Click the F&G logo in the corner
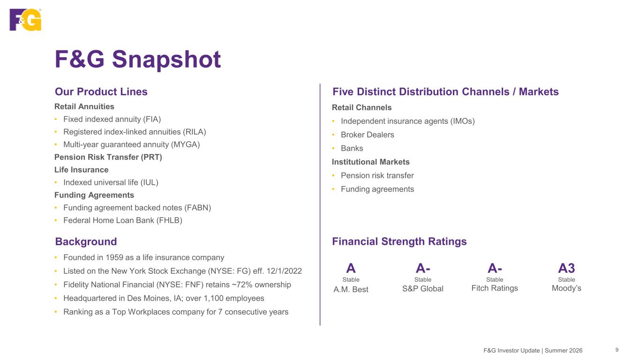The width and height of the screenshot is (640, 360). pos(25,20)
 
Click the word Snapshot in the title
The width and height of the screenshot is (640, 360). pos(166,60)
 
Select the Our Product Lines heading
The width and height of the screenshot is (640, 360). pos(101,92)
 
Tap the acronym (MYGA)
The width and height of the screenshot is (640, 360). pos(185,144)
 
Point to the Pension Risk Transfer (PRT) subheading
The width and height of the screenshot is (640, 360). pos(108,157)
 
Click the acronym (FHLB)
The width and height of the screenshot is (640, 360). pos(169,221)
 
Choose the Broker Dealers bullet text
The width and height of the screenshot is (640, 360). pos(368,135)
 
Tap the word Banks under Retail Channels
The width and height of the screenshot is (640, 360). pos(352,148)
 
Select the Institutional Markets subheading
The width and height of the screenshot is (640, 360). pos(370,162)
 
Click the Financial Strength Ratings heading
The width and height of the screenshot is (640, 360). pos(399,241)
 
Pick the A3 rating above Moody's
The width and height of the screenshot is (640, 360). pos(566,268)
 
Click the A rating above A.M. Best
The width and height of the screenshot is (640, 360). pos(351,268)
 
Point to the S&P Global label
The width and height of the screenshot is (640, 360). pos(422,289)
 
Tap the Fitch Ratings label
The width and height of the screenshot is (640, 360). pos(495,288)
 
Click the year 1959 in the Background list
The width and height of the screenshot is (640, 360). pos(114,257)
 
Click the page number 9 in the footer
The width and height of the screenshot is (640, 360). pos(617,350)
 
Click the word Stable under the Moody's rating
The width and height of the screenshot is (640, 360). pos(566,280)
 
